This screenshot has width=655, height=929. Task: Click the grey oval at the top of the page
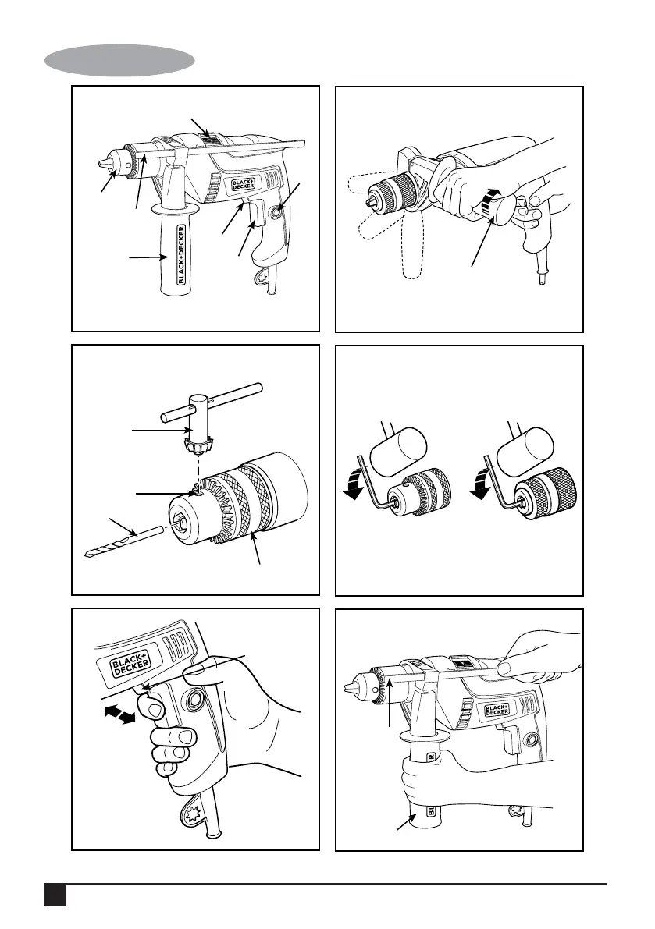[119, 59]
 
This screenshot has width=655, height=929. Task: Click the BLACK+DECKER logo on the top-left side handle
[180, 254]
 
